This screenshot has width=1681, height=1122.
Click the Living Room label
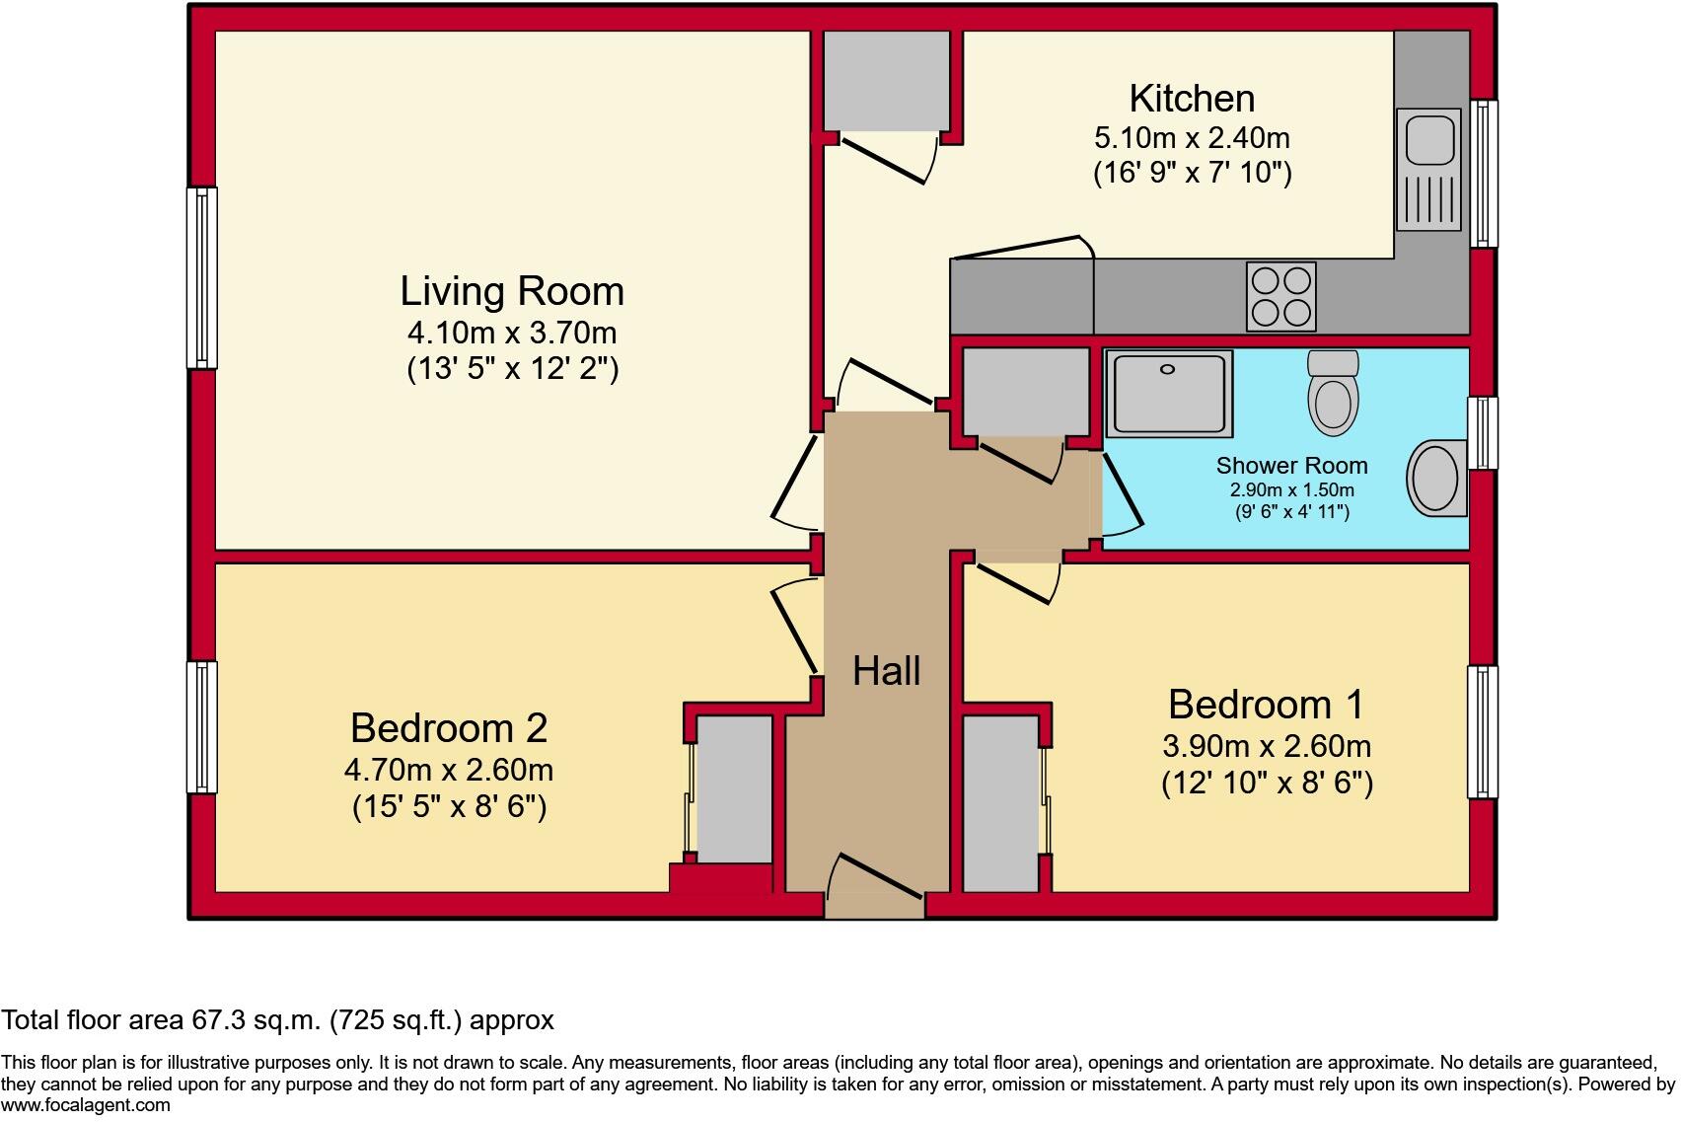click(x=512, y=292)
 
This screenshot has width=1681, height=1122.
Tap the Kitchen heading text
click(x=1192, y=99)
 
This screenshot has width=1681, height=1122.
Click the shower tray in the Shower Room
click(x=1169, y=393)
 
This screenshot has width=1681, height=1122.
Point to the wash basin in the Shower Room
click(x=1437, y=479)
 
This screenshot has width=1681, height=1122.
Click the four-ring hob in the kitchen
click(x=1281, y=296)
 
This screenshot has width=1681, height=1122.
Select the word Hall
click(x=886, y=671)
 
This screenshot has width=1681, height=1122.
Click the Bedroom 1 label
click(x=1266, y=705)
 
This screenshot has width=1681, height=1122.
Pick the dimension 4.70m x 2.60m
click(x=449, y=769)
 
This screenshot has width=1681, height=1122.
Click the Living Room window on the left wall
click(x=202, y=277)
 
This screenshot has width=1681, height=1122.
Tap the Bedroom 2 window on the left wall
click(x=202, y=726)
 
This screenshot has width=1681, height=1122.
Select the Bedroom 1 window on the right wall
click(x=1482, y=731)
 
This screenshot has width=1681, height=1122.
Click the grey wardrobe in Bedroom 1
click(x=1000, y=803)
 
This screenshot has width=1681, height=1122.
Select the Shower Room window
click(x=1482, y=432)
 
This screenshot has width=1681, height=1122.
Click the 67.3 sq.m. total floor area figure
click(x=256, y=1020)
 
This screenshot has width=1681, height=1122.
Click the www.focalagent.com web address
click(x=86, y=1105)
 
